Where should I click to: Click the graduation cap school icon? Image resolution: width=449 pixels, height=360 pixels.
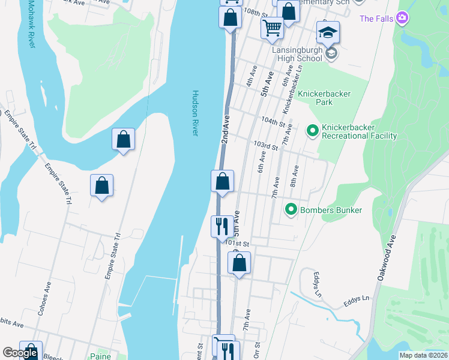pyautogui.click(x=328, y=32)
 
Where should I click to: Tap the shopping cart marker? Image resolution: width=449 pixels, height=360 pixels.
pyautogui.click(x=273, y=27)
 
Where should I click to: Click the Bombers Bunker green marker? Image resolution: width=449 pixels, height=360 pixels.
pyautogui.click(x=291, y=210)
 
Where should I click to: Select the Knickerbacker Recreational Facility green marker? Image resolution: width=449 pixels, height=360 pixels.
pyautogui.click(x=312, y=130)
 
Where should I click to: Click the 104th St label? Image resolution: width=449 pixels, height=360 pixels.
pyautogui.click(x=273, y=122)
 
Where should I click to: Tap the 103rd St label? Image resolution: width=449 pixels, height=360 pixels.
pyautogui.click(x=266, y=146)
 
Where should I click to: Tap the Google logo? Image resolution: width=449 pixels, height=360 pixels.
pyautogui.click(x=20, y=353)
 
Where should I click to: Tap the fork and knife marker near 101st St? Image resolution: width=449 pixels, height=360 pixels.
pyautogui.click(x=222, y=226)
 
